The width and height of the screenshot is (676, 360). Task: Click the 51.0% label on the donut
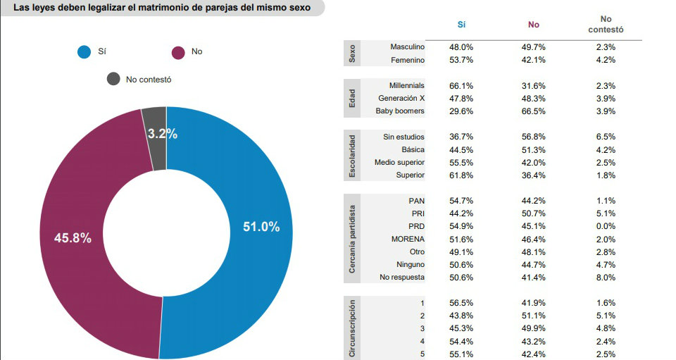261,227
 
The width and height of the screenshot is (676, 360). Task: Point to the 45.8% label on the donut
73,238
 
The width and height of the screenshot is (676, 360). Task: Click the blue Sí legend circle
84,52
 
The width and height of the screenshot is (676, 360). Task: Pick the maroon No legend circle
178,52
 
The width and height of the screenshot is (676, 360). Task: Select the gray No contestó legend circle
113,79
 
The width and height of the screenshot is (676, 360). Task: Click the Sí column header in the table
461,25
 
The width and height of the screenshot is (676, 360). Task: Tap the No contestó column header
606,25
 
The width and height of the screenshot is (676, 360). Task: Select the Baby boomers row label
400,111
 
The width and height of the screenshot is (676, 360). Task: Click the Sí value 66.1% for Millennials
461,85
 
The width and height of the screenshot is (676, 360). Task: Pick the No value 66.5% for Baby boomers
534,111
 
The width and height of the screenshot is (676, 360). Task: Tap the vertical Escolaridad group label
353,156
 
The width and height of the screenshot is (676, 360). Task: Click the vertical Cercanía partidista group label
353,239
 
